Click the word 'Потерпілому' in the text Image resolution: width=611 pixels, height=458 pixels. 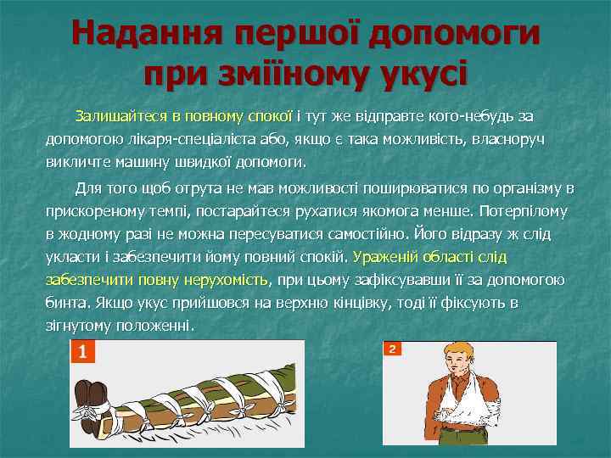pyautogui.click(x=524, y=210)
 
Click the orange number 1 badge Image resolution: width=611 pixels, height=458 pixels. pyautogui.click(x=82, y=351)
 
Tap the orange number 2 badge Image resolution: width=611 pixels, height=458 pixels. pyautogui.click(x=392, y=349)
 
